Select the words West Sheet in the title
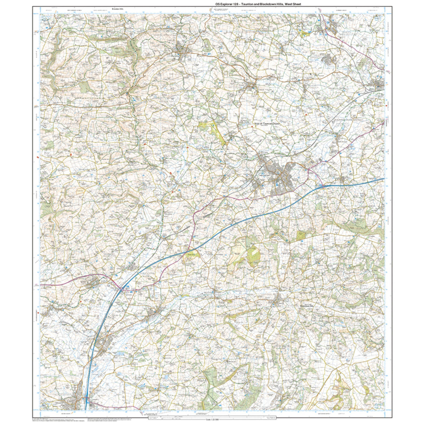[294, 4]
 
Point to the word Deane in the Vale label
[277, 123]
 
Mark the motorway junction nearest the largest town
[322, 186]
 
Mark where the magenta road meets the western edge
[41, 285]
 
